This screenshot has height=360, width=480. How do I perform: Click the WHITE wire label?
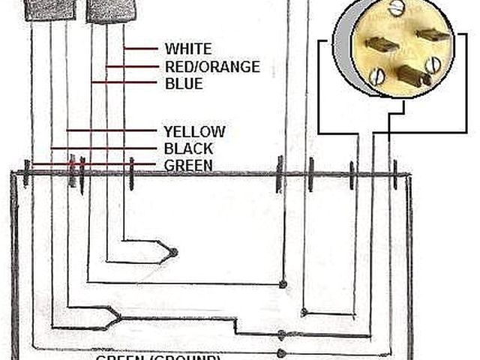tap(188, 49)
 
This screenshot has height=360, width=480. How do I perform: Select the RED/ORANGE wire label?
tap(212, 67)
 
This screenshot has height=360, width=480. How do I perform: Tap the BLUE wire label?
tap(184, 83)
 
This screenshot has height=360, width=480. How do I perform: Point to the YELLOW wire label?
tap(194, 132)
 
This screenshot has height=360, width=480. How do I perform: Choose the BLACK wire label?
tap(188, 148)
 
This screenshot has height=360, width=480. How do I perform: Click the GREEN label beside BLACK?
tap(188, 165)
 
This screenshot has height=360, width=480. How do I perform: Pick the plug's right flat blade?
tap(433, 34)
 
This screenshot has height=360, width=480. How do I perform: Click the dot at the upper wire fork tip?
tap(173, 252)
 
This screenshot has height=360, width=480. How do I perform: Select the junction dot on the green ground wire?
tap(281, 352)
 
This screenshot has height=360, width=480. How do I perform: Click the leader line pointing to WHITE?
tap(141, 49)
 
